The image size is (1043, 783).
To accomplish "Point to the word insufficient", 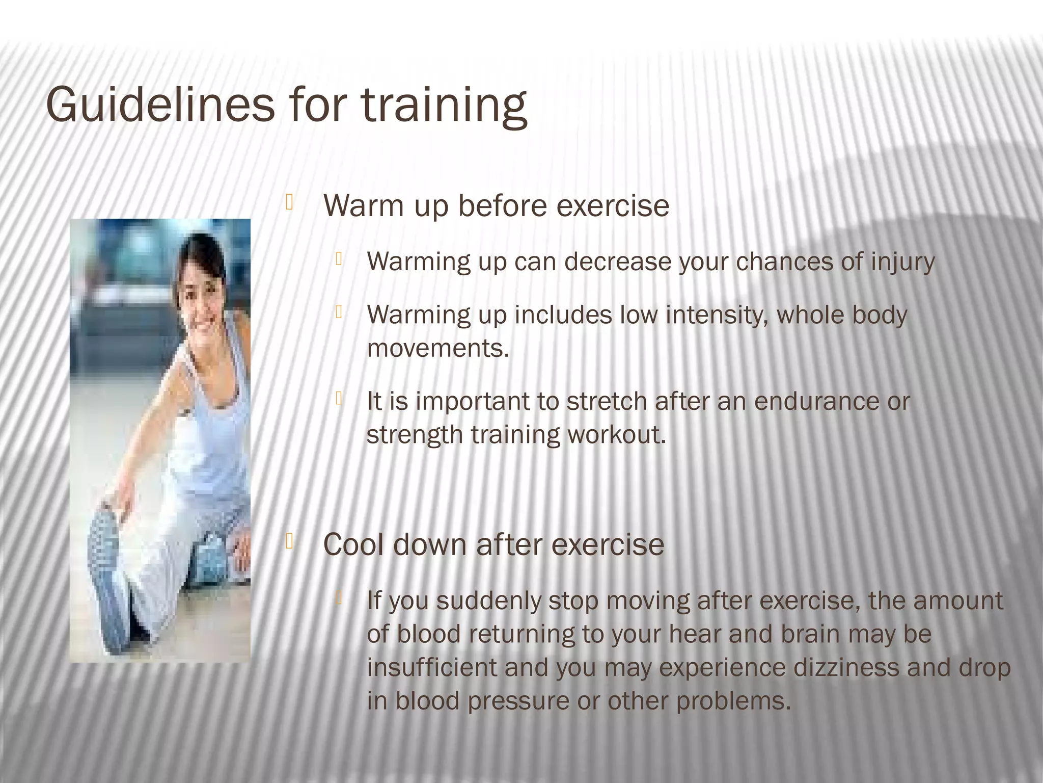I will [431, 668].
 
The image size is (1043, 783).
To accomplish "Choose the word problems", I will [733, 701].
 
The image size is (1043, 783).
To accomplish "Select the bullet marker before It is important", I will [338, 399].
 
